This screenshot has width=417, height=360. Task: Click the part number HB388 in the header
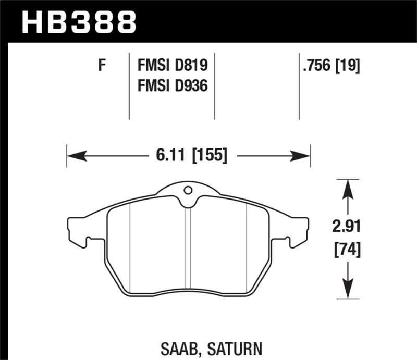[78, 22]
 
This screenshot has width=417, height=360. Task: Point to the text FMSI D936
[173, 85]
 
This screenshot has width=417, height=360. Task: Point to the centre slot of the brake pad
[188, 245]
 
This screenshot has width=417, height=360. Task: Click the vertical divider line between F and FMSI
[129, 86]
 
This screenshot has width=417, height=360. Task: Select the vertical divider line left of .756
[299, 86]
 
